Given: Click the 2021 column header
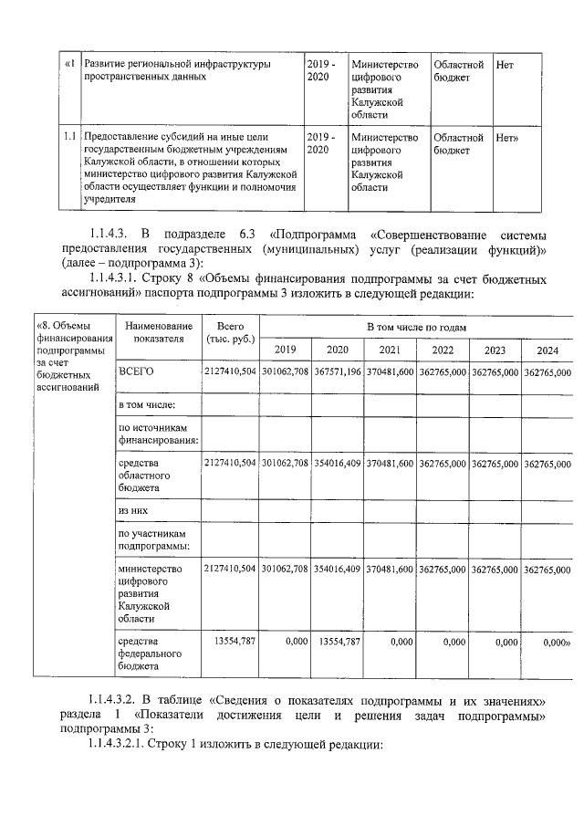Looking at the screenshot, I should click(x=390, y=350).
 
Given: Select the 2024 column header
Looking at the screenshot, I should click(x=547, y=350).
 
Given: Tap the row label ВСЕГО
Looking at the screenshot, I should click(x=135, y=372).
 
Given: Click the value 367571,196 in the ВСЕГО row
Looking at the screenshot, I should click(x=338, y=372).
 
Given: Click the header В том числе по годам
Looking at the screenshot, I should click(x=416, y=326).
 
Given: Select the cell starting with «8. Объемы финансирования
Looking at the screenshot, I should click(x=71, y=356).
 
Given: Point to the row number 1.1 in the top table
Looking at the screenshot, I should click(x=69, y=137).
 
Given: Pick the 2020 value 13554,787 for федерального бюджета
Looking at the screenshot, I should click(x=339, y=642).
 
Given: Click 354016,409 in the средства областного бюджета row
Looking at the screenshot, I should click(x=338, y=464).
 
